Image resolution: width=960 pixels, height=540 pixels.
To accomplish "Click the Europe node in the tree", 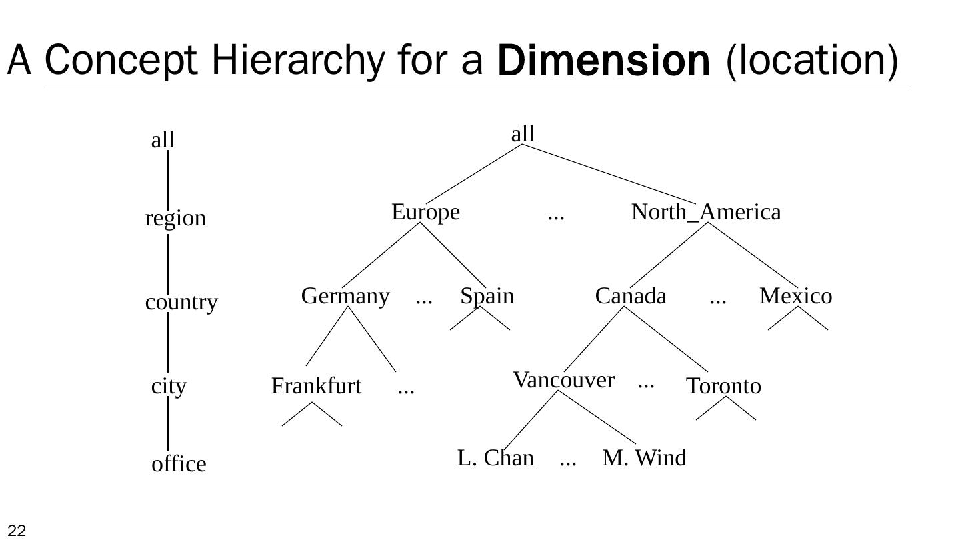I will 425,212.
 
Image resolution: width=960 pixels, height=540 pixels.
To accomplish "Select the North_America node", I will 705,212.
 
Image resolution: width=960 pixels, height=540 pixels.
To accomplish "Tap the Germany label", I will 345,295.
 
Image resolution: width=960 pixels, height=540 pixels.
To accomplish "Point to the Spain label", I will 487,295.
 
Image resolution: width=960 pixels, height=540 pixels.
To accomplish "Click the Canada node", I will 631,295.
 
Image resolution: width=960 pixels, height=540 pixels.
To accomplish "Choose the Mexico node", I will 795,295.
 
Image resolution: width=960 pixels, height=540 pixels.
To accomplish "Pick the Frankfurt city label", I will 316,386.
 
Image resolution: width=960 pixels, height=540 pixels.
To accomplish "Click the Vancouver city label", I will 563,380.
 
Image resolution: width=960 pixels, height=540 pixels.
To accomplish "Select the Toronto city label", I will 723,386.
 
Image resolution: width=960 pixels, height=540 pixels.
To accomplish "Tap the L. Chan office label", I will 495,458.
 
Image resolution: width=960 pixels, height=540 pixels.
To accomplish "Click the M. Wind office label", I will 644,458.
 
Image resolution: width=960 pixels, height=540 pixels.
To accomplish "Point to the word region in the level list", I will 175,218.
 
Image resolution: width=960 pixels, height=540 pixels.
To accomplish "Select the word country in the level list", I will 181,302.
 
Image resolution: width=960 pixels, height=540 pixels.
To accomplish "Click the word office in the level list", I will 179,464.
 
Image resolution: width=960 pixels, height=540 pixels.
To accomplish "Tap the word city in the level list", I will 169,386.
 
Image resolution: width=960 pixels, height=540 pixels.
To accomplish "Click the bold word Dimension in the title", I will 603,61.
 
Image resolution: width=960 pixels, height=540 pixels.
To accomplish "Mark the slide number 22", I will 17,531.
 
